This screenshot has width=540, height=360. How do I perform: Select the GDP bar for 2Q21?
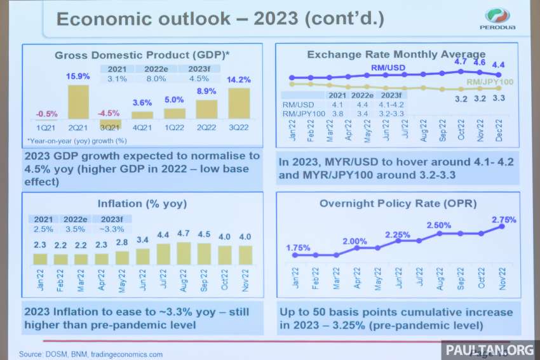click(x=78, y=102)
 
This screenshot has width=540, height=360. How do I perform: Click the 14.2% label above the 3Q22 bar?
click(x=239, y=80)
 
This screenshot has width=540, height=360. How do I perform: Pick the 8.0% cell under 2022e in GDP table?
click(x=156, y=79)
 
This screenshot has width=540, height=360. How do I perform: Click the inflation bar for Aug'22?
click(x=184, y=253)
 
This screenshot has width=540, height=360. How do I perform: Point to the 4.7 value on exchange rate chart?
click(x=461, y=62)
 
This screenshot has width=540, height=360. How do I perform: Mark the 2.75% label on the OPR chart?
click(x=503, y=220)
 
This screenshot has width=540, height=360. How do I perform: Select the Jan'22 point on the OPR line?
click(x=295, y=255)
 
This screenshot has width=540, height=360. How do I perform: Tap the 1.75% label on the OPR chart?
click(x=299, y=247)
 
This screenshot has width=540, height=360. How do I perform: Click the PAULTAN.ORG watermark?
click(x=489, y=349)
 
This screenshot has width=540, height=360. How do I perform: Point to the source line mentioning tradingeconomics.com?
click(x=90, y=354)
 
